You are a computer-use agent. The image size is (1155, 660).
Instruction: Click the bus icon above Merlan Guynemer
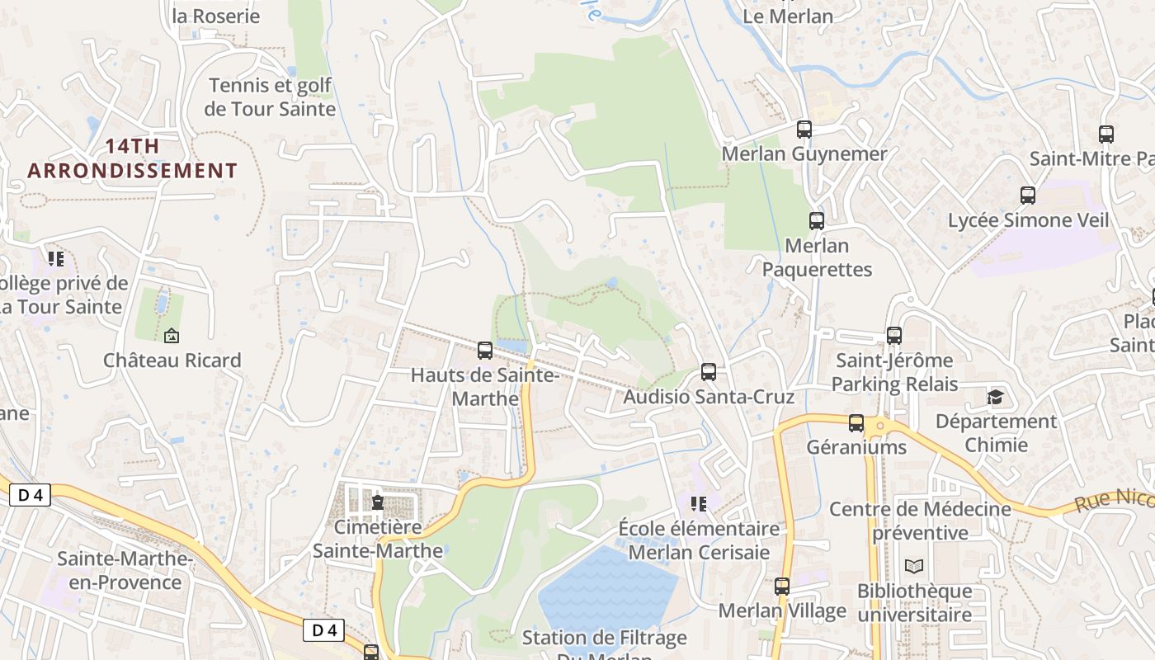point(804,130)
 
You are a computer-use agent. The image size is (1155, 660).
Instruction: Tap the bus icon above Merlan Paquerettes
point(817,221)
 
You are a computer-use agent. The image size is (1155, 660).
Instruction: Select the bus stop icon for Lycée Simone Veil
point(1028,196)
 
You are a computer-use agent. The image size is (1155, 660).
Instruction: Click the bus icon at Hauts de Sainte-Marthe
point(485,351)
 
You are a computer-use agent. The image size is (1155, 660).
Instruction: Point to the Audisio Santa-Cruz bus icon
point(709,372)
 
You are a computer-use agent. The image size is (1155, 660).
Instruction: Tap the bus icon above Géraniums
point(856,423)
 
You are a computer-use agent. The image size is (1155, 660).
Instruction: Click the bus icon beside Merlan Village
point(782,587)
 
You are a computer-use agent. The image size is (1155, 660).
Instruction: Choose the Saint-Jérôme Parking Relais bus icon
point(894,336)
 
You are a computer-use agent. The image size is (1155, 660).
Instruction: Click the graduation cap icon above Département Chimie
point(996,398)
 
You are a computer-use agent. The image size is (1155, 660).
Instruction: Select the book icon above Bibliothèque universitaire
point(914,567)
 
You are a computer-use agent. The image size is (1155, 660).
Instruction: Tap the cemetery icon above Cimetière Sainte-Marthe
point(378,502)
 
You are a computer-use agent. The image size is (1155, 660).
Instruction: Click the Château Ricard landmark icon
point(172,336)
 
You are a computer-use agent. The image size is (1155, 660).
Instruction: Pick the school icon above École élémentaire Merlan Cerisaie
point(699,503)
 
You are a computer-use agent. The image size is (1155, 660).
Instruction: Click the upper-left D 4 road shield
point(31,495)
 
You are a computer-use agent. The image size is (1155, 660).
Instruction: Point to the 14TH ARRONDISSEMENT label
point(132,158)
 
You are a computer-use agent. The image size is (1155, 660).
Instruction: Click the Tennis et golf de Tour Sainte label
point(270,97)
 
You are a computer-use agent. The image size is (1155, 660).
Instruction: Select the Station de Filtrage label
point(605,638)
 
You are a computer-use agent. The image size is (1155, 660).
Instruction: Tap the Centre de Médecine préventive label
point(920,521)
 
